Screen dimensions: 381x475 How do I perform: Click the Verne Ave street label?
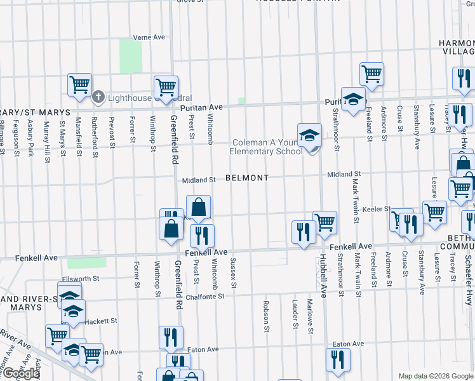coord(149,37)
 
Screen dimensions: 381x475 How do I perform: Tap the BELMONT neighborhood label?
coord(247,178)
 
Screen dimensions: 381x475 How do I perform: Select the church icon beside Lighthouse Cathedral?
coord(98,97)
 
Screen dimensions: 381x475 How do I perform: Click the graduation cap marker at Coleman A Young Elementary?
coord(309,135)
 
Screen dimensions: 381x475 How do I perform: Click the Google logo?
coord(20,373)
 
